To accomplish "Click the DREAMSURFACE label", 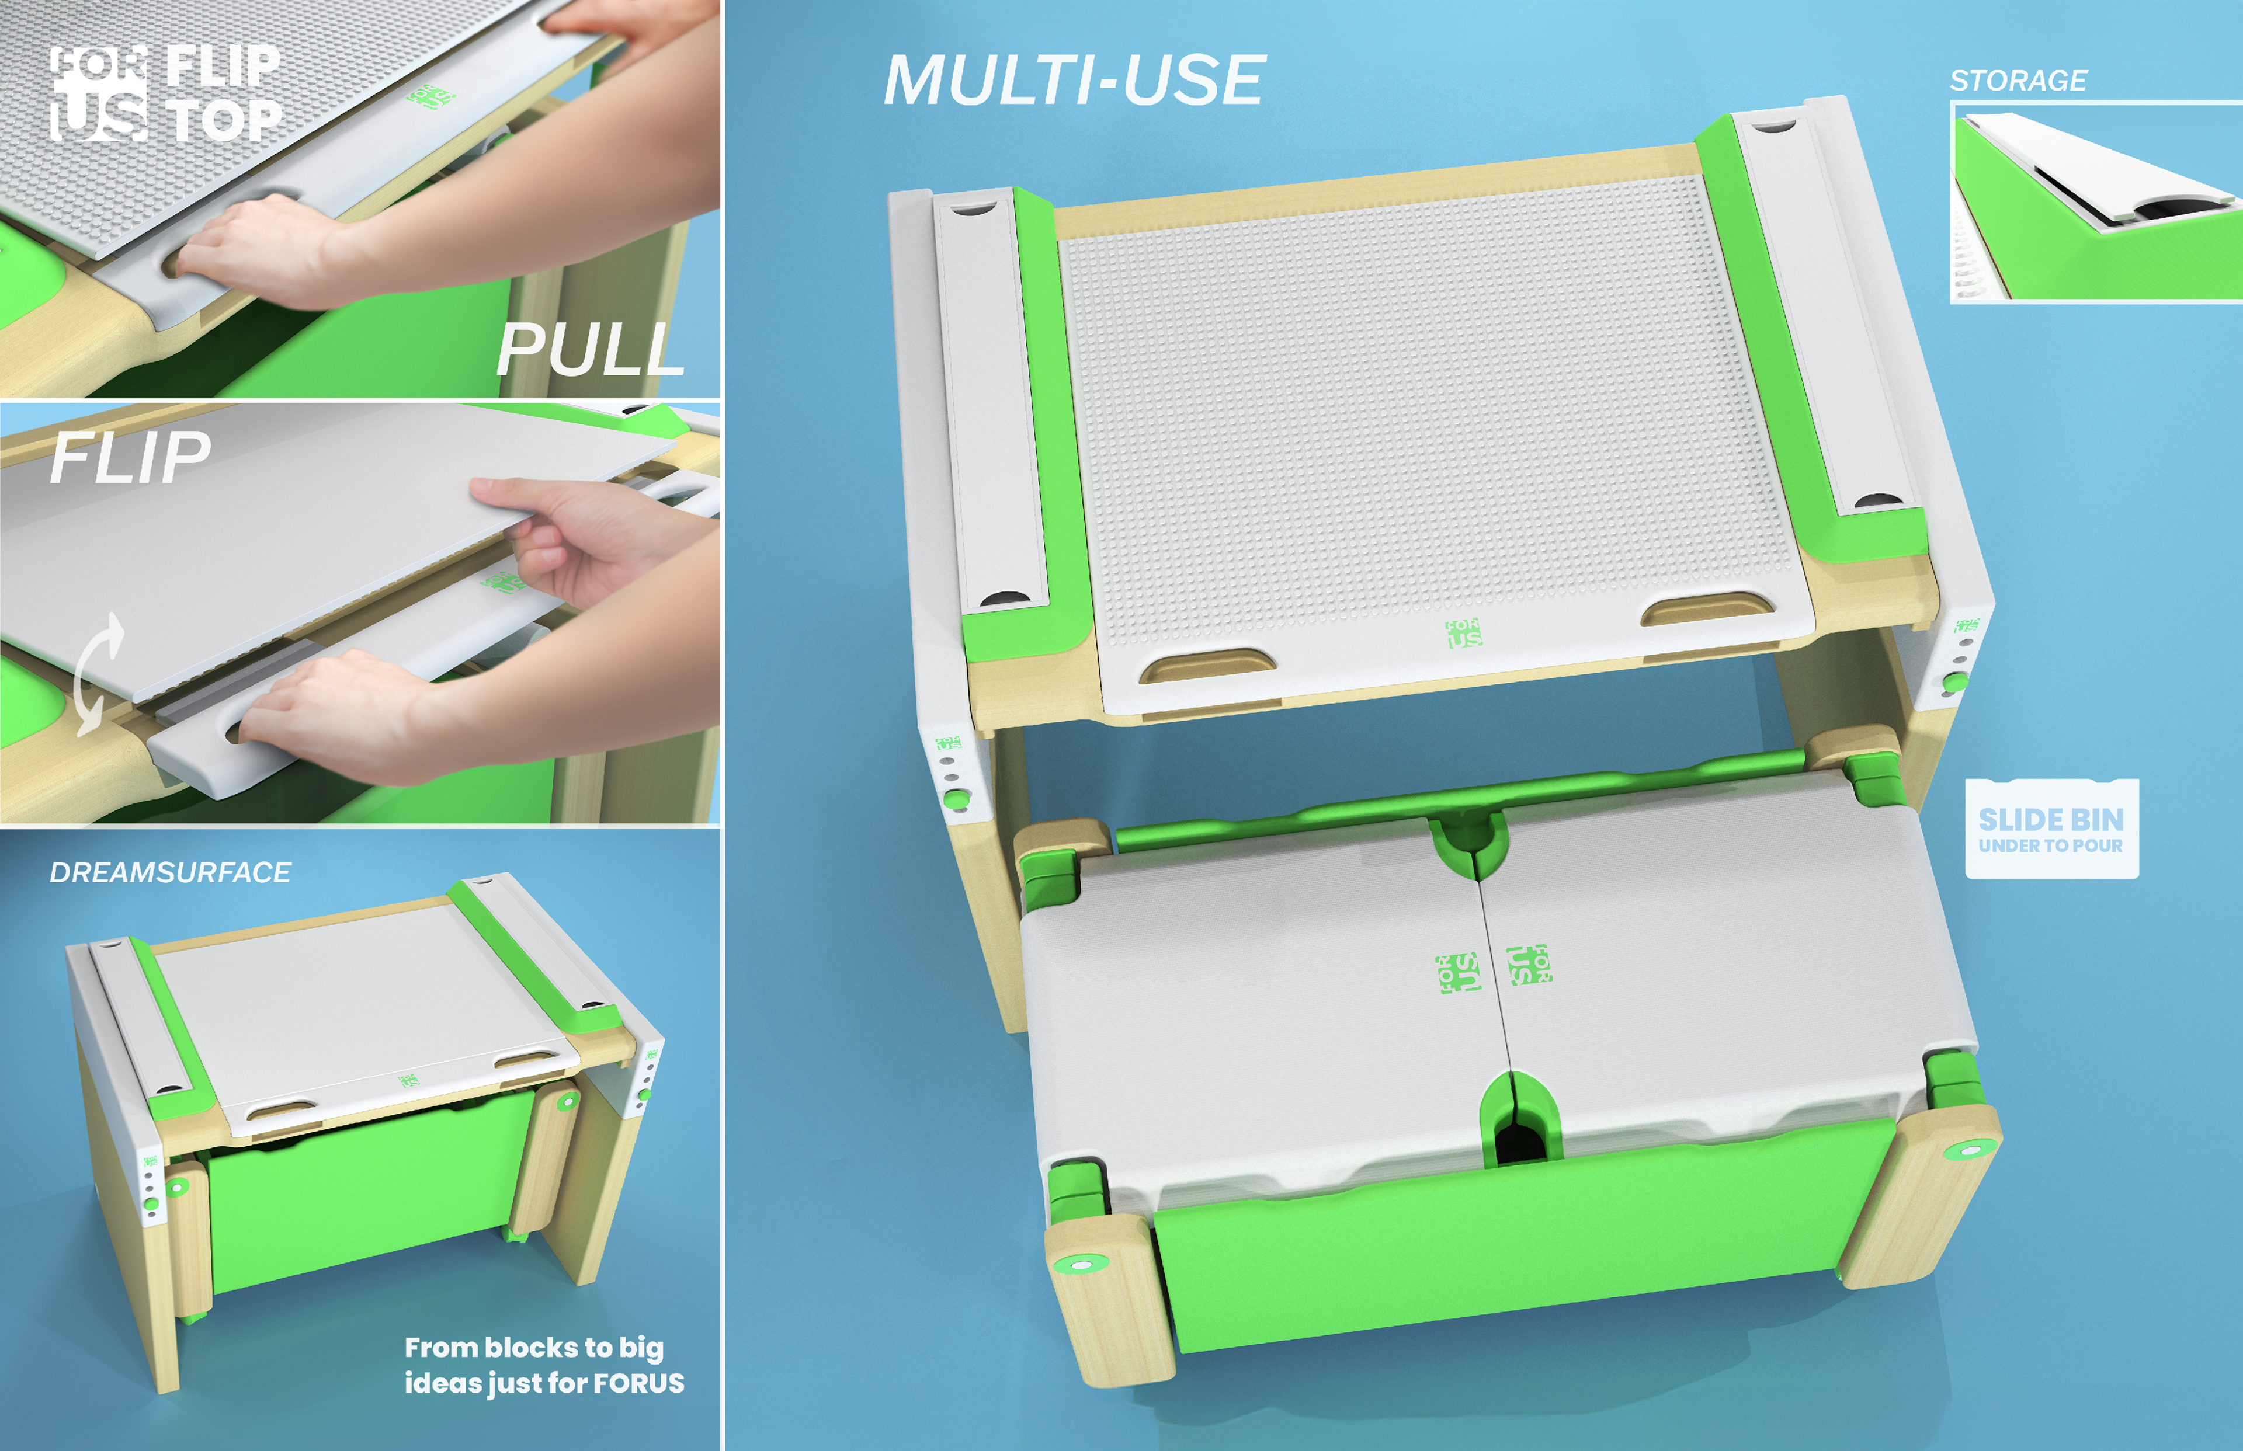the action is point(169,872).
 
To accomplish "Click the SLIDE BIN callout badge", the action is point(2051,829).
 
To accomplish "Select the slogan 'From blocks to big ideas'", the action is point(544,1365).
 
